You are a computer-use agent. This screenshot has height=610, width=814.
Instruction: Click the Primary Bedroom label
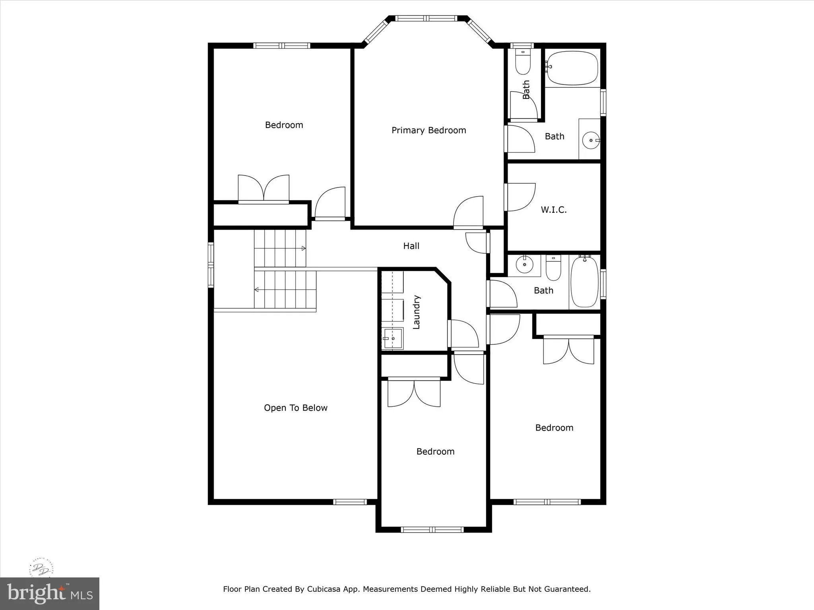pyautogui.click(x=428, y=130)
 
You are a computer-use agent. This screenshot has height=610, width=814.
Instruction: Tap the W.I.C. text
pyautogui.click(x=554, y=210)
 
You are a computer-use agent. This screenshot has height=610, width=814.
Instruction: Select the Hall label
pyautogui.click(x=411, y=246)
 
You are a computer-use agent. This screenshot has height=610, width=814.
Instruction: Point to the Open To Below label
pyautogui.click(x=295, y=408)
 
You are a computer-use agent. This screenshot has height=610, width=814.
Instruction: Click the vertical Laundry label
pyautogui.click(x=416, y=312)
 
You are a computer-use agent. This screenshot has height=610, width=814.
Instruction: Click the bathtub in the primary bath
pyautogui.click(x=572, y=68)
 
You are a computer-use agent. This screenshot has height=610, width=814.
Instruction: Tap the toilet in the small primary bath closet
pyautogui.click(x=523, y=63)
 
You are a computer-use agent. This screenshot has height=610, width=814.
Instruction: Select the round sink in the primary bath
pyautogui.click(x=591, y=140)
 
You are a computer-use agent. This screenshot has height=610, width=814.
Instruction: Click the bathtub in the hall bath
pyautogui.click(x=584, y=282)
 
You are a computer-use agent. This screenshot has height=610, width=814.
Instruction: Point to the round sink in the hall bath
pyautogui.click(x=525, y=264)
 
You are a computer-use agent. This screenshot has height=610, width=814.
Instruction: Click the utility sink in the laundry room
pyautogui.click(x=393, y=338)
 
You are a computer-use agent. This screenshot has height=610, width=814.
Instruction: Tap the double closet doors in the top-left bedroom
pyautogui.click(x=264, y=188)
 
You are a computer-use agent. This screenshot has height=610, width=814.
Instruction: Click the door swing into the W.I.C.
pyautogui.click(x=521, y=197)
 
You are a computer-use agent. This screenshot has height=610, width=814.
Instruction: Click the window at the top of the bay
pyautogui.click(x=427, y=18)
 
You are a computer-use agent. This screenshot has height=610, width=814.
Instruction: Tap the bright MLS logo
pyautogui.click(x=50, y=594)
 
